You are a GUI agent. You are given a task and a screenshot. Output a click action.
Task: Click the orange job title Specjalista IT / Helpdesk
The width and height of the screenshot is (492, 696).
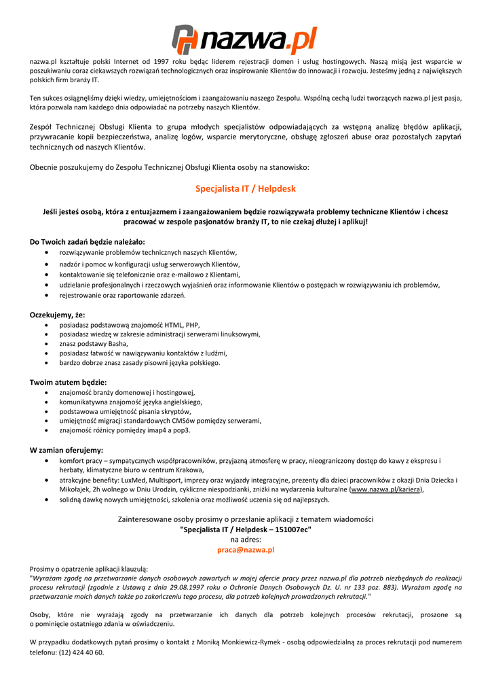pyautogui.click(x=246, y=188)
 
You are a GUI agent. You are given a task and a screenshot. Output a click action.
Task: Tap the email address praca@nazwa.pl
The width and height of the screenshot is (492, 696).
pyautogui.click(x=246, y=550)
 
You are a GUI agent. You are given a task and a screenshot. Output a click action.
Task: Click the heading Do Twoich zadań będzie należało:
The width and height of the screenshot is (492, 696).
pyautogui.click(x=87, y=241)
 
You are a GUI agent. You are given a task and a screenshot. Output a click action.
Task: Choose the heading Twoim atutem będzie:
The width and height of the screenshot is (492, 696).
pyautogui.click(x=68, y=382)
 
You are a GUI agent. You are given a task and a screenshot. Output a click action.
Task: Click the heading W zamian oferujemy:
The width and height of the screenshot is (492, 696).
pyautogui.click(x=67, y=450)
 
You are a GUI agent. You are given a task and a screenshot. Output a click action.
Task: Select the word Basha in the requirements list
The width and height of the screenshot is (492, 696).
pyautogui.click(x=117, y=344)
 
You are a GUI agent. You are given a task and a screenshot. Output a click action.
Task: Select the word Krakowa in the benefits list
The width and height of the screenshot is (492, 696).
pyautogui.click(x=189, y=470)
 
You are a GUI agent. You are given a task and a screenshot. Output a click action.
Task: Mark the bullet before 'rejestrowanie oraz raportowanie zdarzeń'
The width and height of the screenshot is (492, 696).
pyautogui.click(x=45, y=295)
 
